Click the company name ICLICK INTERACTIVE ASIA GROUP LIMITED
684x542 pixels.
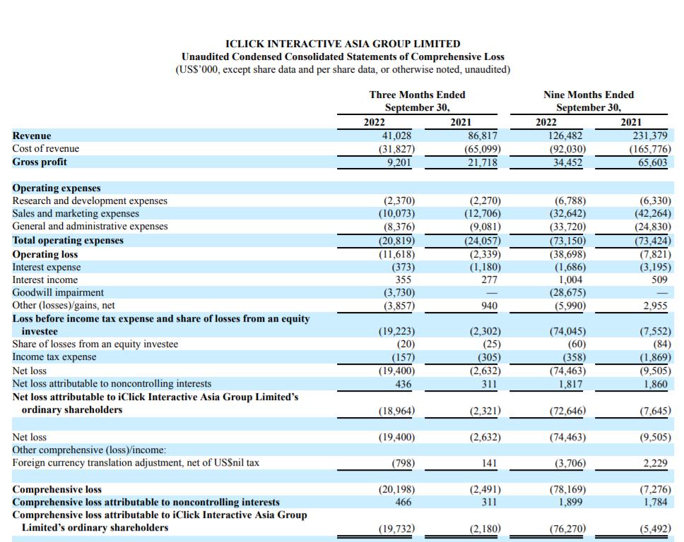pos(343,44)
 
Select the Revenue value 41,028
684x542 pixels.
pos(396,135)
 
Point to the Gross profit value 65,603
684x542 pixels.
pos(653,162)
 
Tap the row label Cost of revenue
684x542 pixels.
pos(46,149)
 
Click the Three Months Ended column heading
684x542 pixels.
pos(417,95)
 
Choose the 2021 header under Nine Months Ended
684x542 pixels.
pos(631,122)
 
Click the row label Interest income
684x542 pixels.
pos(45,279)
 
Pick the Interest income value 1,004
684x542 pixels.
pos(570,279)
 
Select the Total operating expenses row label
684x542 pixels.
pos(68,241)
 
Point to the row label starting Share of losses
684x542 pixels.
pos(95,344)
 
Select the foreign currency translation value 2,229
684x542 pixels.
pos(655,463)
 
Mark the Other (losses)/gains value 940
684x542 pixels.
pos(489,306)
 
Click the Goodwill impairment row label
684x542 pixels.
pos(58,292)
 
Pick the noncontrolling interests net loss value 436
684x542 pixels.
pos(403,385)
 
